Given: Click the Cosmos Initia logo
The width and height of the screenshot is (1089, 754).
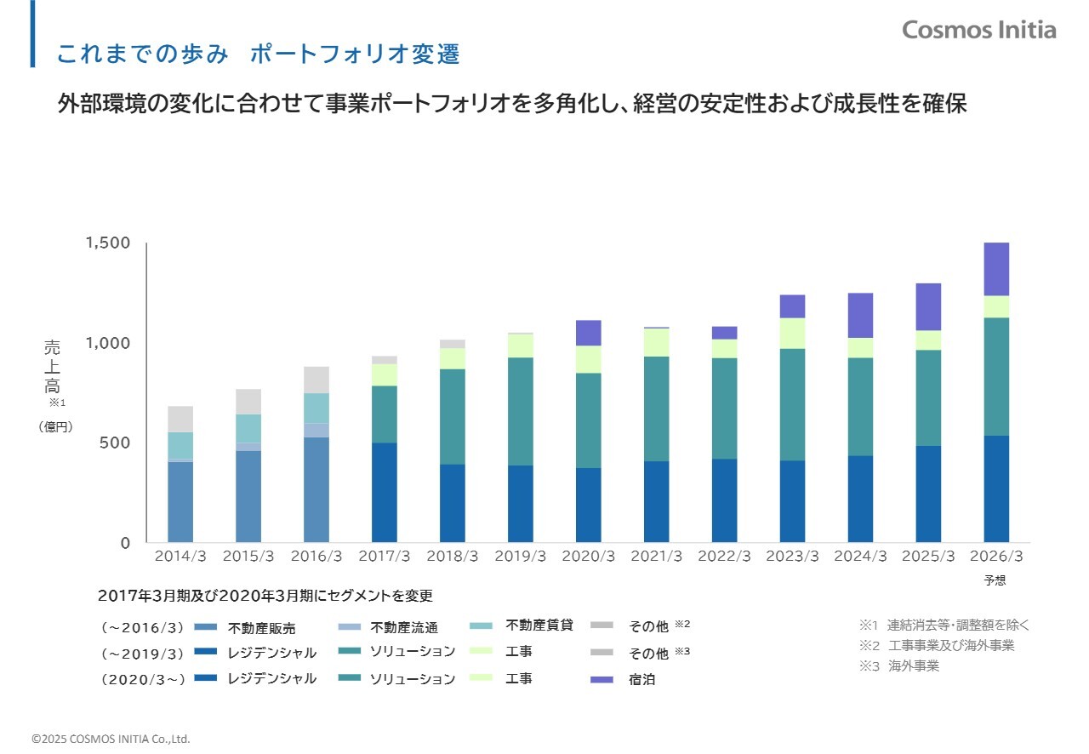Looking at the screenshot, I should (x=978, y=30).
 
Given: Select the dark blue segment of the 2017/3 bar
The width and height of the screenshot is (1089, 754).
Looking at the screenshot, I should (x=385, y=492).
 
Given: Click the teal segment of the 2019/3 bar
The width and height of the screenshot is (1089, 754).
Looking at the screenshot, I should (x=520, y=411).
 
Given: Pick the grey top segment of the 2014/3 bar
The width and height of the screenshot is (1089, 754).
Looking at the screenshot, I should (x=180, y=419).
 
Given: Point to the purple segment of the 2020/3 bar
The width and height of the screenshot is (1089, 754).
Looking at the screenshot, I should (x=588, y=333).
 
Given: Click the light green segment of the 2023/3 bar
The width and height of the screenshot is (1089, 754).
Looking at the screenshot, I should (x=792, y=333).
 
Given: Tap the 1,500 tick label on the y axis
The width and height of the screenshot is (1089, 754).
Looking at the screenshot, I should (x=108, y=243).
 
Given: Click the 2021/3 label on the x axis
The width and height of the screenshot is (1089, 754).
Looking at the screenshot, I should (x=656, y=556).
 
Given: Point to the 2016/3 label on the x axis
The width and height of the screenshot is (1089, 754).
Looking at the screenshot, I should (x=316, y=556).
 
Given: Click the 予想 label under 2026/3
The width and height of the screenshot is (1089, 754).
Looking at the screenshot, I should (x=995, y=580).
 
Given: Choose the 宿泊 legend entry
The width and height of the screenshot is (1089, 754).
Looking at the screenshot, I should (x=642, y=680).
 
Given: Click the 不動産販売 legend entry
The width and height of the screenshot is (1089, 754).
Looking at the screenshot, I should (x=261, y=629).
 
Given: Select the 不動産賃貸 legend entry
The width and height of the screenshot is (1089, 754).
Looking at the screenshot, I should (x=539, y=625).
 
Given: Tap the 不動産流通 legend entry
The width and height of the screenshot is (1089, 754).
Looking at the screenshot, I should (x=403, y=628).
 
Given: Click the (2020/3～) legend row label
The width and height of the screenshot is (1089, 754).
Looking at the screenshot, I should (x=142, y=679).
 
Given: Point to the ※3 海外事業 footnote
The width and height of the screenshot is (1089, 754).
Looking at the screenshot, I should (x=899, y=665).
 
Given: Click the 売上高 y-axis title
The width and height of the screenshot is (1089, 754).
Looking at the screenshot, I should (x=53, y=367).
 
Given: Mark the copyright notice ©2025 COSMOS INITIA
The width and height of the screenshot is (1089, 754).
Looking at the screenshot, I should (x=111, y=739).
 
